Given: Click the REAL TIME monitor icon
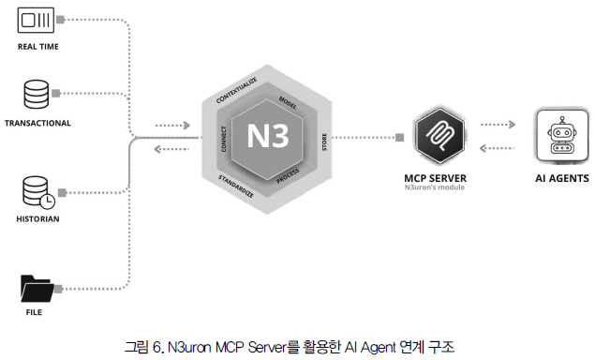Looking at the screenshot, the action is click(x=36, y=20).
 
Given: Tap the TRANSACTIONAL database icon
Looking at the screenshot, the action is click(x=37, y=94).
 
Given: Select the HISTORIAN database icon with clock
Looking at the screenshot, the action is click(x=38, y=192).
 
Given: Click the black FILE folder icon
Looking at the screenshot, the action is click(x=37, y=289).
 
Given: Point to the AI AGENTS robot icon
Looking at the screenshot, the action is click(x=562, y=136).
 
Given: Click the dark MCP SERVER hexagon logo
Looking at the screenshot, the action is click(x=439, y=136).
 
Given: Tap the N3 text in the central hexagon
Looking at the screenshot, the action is click(x=268, y=136).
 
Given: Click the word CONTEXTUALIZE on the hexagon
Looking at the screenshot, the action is click(x=236, y=90).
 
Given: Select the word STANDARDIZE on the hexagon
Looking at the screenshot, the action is click(x=235, y=186).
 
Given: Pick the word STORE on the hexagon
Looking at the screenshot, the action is click(x=324, y=142).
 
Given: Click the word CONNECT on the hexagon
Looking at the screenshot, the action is click(x=224, y=139).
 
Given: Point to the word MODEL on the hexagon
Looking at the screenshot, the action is click(x=288, y=102).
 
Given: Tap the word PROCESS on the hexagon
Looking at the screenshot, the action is click(x=288, y=176).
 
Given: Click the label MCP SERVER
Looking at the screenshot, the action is click(x=436, y=178).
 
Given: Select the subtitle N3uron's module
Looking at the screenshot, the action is click(x=435, y=187).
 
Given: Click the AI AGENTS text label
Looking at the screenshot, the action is click(x=562, y=178).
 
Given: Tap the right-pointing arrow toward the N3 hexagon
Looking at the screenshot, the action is click(x=172, y=125).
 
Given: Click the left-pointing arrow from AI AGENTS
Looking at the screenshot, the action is click(x=497, y=148).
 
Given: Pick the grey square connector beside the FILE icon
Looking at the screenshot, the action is click(x=58, y=289).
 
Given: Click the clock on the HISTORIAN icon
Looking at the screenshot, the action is click(x=48, y=202).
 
